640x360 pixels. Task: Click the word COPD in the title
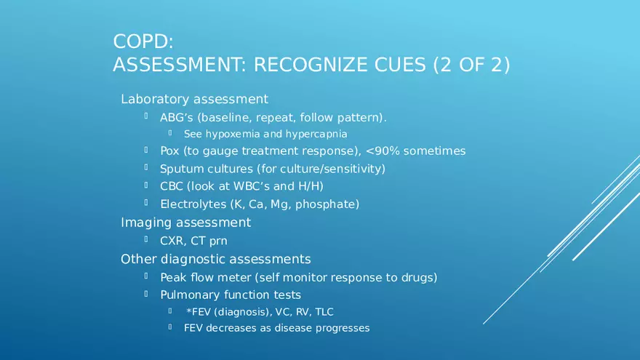[140, 41]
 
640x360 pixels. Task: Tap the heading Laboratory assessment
[194, 99]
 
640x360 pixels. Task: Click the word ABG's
[176, 118]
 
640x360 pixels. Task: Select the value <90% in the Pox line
[383, 151]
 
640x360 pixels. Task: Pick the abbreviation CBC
[172, 186]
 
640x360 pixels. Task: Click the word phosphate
[327, 204]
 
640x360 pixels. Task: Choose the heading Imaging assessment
[185, 223]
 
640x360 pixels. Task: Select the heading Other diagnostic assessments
[215, 259]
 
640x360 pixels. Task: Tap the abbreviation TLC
[324, 312]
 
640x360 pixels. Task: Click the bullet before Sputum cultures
[146, 167]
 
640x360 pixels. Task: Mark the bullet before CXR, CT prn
[146, 239]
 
